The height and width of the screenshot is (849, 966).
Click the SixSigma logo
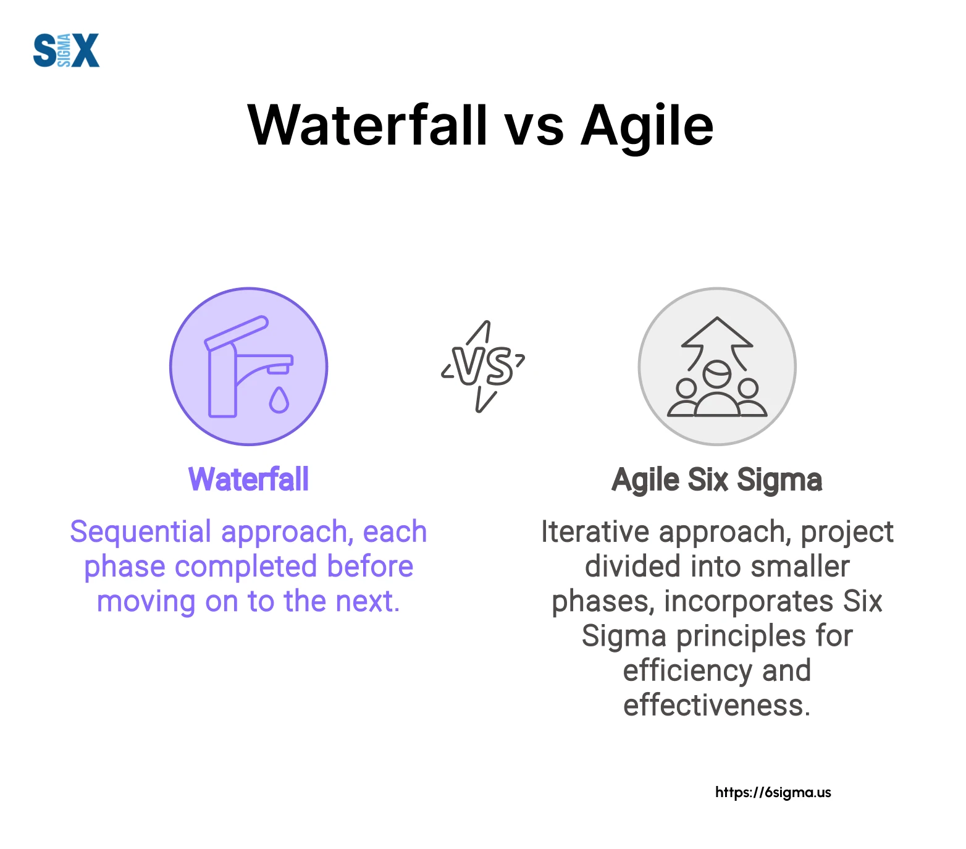66,50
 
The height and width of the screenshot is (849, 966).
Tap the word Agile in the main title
647,128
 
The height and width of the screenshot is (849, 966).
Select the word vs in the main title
534,130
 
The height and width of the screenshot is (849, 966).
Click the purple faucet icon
249,366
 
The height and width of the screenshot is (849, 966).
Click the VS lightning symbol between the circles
483,366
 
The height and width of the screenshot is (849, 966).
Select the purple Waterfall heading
248,479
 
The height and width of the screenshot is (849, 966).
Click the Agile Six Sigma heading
716,480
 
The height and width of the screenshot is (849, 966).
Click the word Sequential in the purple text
141,532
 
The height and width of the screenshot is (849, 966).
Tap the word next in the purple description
369,602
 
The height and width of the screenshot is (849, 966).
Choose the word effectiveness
716,705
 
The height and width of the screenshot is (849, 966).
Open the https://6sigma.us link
773,793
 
